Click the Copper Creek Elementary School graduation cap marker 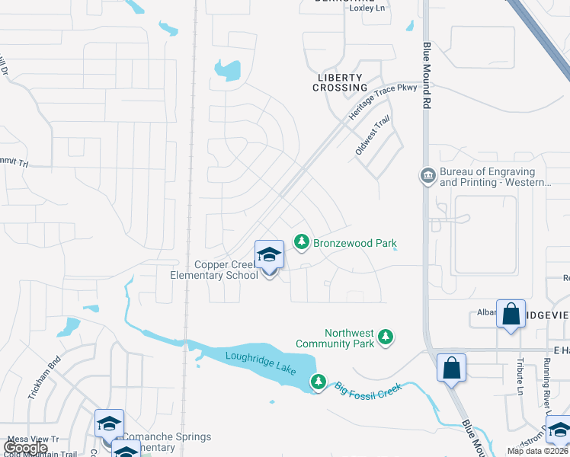[268, 255]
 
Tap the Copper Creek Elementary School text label [226, 270]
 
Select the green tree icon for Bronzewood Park [302, 242]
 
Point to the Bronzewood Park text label [355, 243]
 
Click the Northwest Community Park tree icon [386, 336]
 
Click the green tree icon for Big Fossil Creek [319, 381]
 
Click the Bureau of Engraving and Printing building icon [427, 176]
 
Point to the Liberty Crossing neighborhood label [340, 82]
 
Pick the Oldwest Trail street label [373, 136]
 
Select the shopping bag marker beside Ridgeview [510, 312]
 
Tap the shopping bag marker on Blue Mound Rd [451, 367]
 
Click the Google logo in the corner [25, 448]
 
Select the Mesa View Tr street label [33, 439]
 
